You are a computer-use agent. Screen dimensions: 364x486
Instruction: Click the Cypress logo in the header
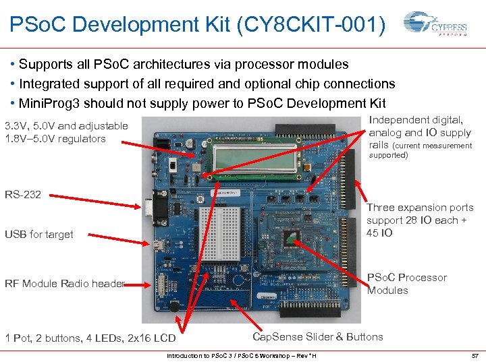pos(435,26)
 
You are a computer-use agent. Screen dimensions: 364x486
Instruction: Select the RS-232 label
pos(23,194)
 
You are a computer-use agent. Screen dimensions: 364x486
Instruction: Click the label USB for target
pos(39,234)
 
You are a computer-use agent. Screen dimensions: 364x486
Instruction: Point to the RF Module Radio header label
pos(65,283)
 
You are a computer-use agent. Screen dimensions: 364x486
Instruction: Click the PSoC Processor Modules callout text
pos(406,284)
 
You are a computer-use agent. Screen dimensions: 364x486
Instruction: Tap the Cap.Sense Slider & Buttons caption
pos(317,336)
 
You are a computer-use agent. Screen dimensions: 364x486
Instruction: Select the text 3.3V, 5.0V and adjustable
pos(66,125)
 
